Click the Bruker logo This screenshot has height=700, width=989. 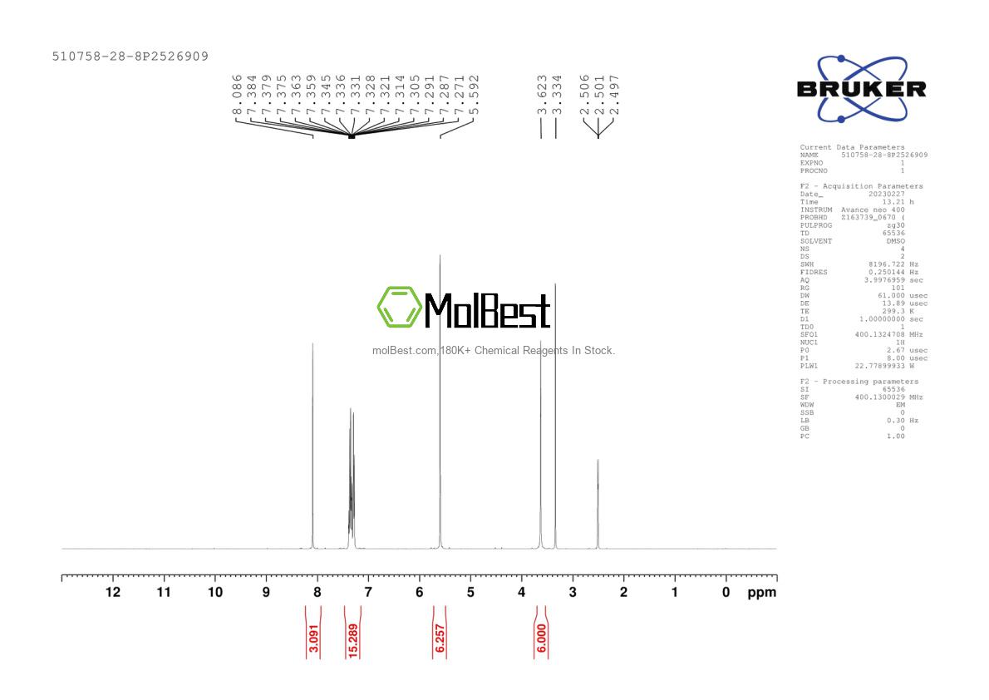pos(861,89)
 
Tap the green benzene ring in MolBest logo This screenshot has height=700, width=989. pos(400,307)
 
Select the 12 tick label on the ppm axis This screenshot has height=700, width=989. pos(112,592)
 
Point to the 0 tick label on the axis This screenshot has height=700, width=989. pos(726,592)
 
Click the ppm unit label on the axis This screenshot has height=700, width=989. pos(761,593)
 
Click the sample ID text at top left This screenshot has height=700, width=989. pos(130,57)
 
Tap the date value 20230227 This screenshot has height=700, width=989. pos(885,194)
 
